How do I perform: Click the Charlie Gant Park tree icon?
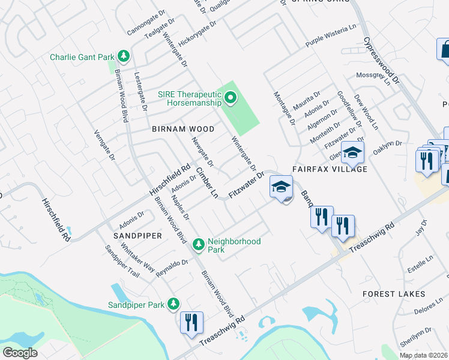124,56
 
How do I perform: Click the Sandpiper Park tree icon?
173,304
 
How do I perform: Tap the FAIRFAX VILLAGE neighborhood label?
330,170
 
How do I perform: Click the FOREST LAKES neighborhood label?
394,294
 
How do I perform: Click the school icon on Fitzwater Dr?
281,188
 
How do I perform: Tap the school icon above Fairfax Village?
352,154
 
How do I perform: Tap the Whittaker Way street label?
137,255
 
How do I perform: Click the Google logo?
20,353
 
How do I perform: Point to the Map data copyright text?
423,355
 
